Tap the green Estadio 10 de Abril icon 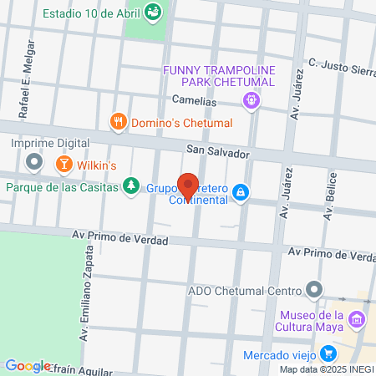(x=152, y=12)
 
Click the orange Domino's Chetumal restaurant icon (x=119, y=122)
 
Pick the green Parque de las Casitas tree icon (x=130, y=185)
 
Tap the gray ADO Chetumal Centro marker (x=313, y=291)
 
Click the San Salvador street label (x=217, y=154)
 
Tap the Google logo (x=28, y=365)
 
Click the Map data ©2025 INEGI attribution (x=327, y=369)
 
